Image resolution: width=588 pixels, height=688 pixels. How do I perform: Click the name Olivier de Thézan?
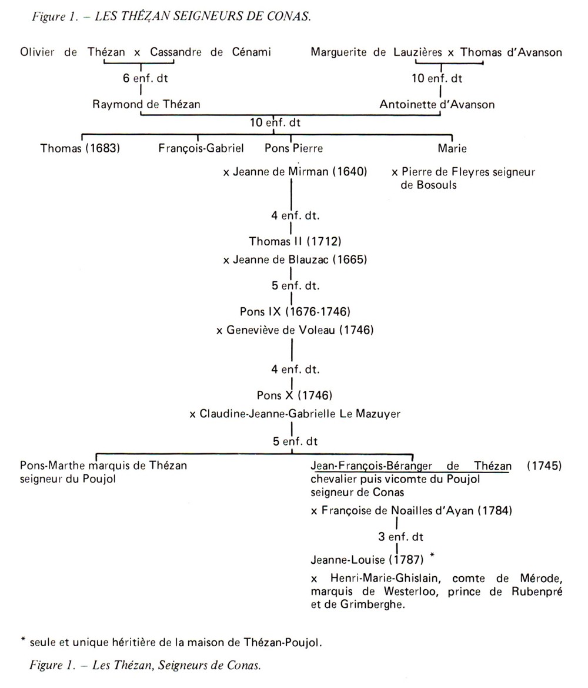tap(72, 52)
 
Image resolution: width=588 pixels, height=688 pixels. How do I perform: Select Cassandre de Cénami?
tap(211, 52)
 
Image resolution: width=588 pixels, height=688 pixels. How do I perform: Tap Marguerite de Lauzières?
tap(376, 52)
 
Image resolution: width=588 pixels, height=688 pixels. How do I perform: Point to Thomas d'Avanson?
tap(511, 52)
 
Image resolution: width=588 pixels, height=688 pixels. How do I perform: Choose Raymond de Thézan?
tap(146, 104)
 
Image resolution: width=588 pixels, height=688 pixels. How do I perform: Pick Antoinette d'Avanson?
tap(437, 105)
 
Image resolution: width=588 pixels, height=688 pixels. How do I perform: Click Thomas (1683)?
tap(80, 148)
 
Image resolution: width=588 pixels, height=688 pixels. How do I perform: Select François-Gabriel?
tap(201, 148)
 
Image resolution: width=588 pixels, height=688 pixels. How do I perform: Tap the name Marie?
tap(452, 148)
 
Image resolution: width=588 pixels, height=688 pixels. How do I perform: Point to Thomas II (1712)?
tap(295, 241)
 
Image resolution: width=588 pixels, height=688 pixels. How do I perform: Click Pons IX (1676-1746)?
tap(295, 311)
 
